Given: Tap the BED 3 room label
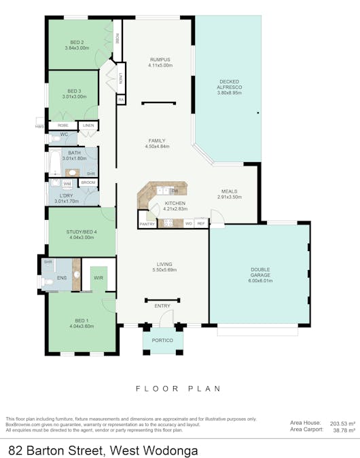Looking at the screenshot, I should coord(74,91).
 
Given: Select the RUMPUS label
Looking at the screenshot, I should coord(161,60).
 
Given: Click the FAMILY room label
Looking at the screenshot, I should coord(157,140).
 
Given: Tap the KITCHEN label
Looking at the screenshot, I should coord(175,203).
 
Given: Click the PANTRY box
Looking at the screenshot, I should coord(147,223).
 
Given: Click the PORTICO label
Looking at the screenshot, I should coord(162,339).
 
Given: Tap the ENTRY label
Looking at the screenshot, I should coord(162,306).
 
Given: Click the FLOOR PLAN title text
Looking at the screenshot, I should coord(179,389).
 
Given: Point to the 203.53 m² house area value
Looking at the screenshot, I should coord(340,423).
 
